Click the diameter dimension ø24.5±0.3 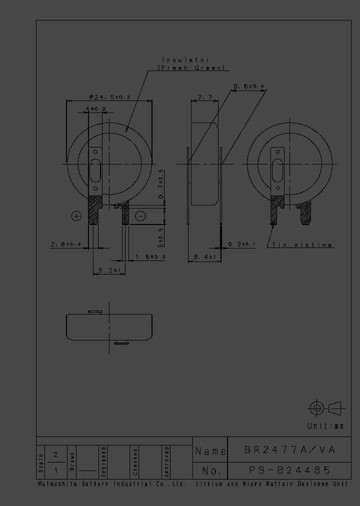109,97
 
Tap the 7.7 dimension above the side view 205,97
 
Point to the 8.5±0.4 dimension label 249,86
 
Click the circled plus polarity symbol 76,216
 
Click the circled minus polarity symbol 140,216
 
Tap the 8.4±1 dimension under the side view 204,257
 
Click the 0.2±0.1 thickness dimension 242,244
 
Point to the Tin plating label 302,245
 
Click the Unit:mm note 325,426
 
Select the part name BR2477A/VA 289,450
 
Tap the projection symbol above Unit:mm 325,408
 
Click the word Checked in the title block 135,461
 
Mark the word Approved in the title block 166,461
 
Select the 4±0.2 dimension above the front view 95,108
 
